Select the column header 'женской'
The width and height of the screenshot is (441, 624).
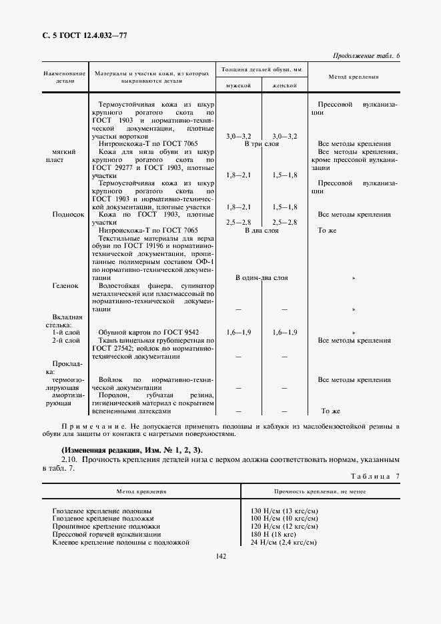pyautogui.click(x=284, y=86)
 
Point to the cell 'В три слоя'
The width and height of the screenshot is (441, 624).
pyautogui.click(x=262, y=144)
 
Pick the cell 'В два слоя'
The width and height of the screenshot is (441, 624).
pyautogui.click(x=262, y=231)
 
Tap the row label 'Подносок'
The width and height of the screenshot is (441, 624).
pyautogui.click(x=68, y=215)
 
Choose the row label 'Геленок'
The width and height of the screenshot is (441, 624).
pyautogui.click(x=65, y=286)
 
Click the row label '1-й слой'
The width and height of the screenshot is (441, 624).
pyautogui.click(x=67, y=332)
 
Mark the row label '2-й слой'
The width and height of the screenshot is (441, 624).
pyautogui.click(x=67, y=341)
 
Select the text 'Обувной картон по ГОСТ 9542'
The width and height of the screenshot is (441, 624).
pyautogui.click(x=148, y=332)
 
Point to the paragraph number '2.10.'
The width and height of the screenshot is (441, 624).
pyautogui.click(x=69, y=460)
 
